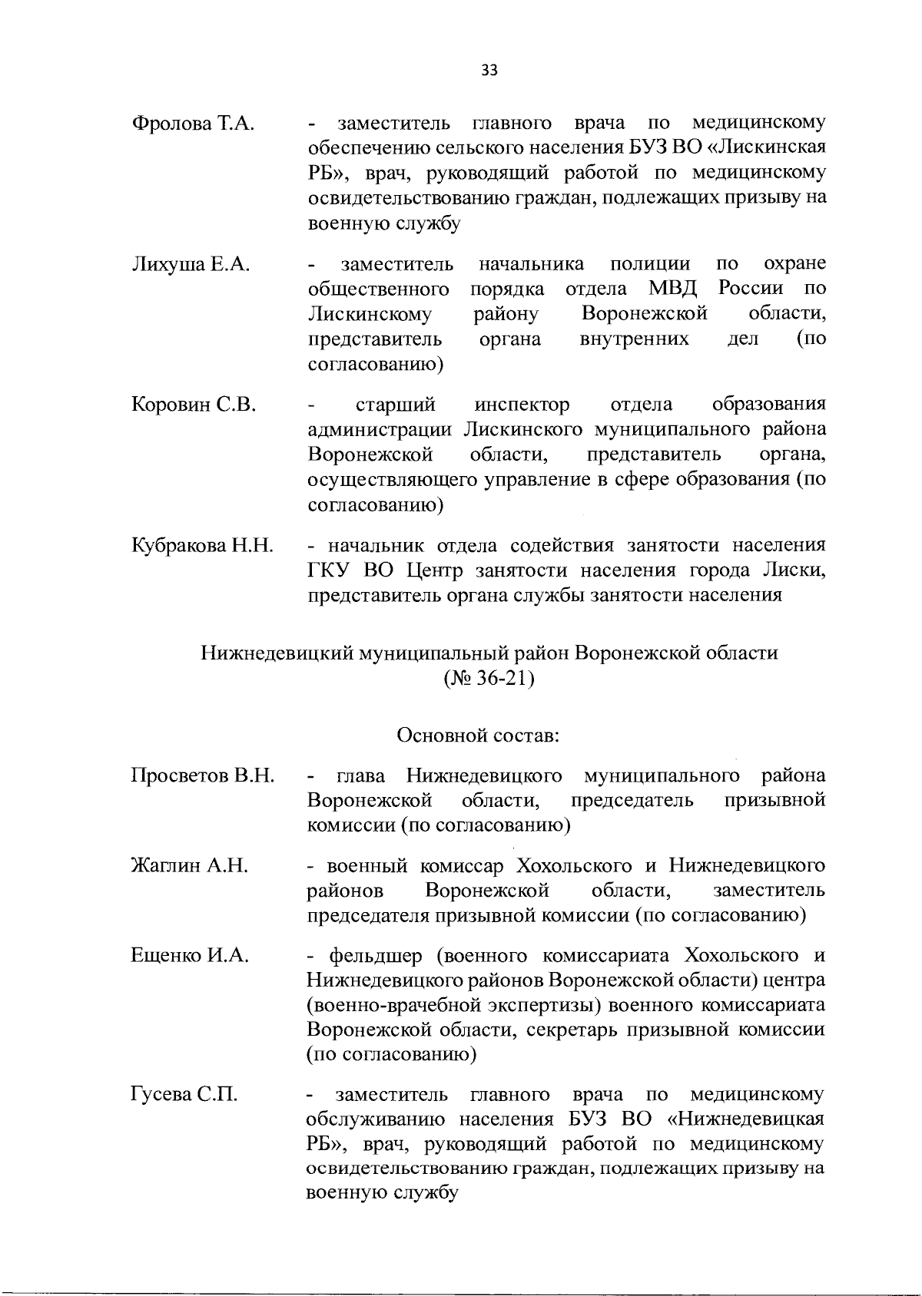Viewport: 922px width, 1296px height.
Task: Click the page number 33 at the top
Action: (x=489, y=71)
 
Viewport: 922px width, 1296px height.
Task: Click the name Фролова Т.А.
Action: (x=193, y=124)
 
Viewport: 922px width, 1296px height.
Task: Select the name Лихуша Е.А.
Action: (x=191, y=265)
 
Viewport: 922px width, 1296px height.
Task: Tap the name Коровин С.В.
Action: (x=194, y=405)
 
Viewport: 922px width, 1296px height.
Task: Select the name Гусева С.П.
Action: (x=184, y=1095)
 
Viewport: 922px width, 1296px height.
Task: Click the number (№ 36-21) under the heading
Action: (x=489, y=679)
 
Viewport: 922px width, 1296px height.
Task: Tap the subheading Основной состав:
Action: (x=477, y=736)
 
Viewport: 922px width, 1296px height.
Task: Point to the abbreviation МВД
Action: (x=672, y=289)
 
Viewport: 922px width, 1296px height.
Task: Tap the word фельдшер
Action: (x=375, y=957)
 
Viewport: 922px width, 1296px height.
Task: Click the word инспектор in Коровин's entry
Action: (x=522, y=405)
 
